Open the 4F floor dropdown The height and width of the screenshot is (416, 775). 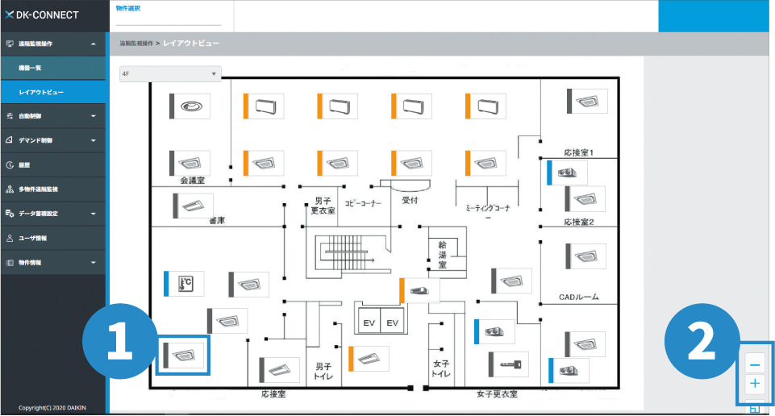(x=169, y=74)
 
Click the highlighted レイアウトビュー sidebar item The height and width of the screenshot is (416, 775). (x=41, y=93)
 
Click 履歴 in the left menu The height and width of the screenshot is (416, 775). (x=24, y=164)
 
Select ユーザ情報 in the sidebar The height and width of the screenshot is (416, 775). (x=33, y=239)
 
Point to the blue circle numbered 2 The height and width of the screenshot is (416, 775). (x=701, y=341)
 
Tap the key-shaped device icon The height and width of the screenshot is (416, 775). (x=508, y=364)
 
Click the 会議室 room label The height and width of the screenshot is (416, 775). (x=193, y=181)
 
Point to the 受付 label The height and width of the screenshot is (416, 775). (x=410, y=199)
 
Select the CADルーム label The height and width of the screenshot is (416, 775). (x=578, y=297)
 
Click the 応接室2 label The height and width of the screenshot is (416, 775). (x=578, y=222)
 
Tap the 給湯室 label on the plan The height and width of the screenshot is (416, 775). (x=443, y=253)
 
